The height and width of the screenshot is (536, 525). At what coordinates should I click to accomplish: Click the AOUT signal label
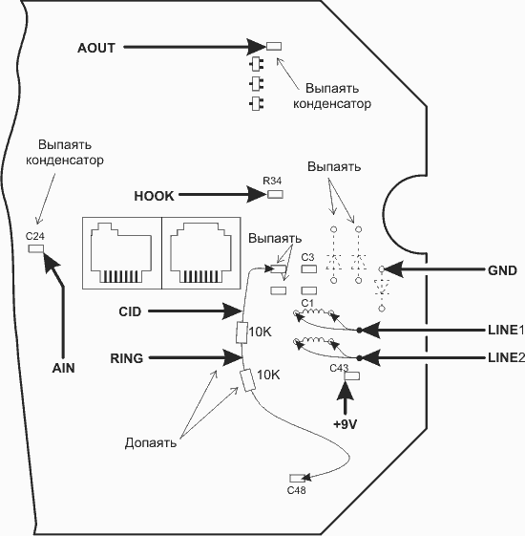click(96, 48)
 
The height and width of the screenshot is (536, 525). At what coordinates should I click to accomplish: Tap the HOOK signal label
click(154, 196)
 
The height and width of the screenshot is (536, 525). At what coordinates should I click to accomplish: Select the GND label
click(502, 270)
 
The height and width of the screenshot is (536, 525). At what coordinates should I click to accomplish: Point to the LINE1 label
click(506, 330)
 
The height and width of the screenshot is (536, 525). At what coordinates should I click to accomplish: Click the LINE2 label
click(506, 357)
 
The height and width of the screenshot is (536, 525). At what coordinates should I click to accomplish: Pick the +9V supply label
click(346, 424)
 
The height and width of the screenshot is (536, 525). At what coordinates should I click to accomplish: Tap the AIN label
click(64, 368)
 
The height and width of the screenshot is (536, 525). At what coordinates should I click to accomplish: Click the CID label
click(130, 311)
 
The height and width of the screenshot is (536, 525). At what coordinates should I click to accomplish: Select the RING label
click(126, 358)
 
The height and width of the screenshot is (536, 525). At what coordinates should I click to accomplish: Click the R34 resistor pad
click(275, 195)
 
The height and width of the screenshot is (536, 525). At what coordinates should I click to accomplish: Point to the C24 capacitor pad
click(35, 248)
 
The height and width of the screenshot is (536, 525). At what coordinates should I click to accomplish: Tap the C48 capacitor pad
click(297, 478)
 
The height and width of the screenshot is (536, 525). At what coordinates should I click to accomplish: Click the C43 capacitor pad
click(352, 376)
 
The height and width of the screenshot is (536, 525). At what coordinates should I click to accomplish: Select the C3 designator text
click(307, 257)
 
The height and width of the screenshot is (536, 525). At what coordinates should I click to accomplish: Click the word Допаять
click(151, 442)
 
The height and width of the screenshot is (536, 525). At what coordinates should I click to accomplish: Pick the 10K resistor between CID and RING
click(241, 332)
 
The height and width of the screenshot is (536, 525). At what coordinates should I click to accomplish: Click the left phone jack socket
click(121, 252)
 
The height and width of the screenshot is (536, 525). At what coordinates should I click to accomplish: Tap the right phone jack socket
click(200, 252)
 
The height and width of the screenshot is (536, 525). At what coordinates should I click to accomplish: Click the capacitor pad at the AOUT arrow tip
click(274, 46)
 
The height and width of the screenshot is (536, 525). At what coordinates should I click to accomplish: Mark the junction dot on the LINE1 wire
click(359, 330)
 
